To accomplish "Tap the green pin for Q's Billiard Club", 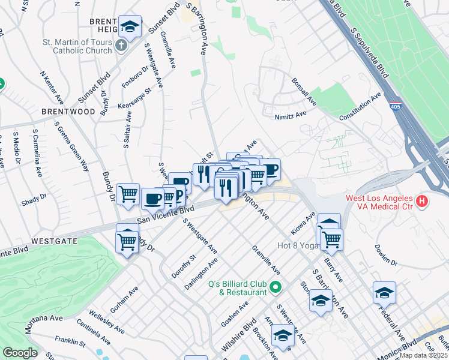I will pyautogui.click(x=276, y=288).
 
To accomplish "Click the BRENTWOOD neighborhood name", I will pyautogui.click(x=68, y=112).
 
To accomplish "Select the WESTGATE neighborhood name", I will pyautogui.click(x=54, y=240).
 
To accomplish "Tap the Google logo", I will pyautogui.click(x=20, y=353).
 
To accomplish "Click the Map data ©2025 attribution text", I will pyautogui.click(x=424, y=355).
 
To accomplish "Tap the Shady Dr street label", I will pyautogui.click(x=34, y=199).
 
